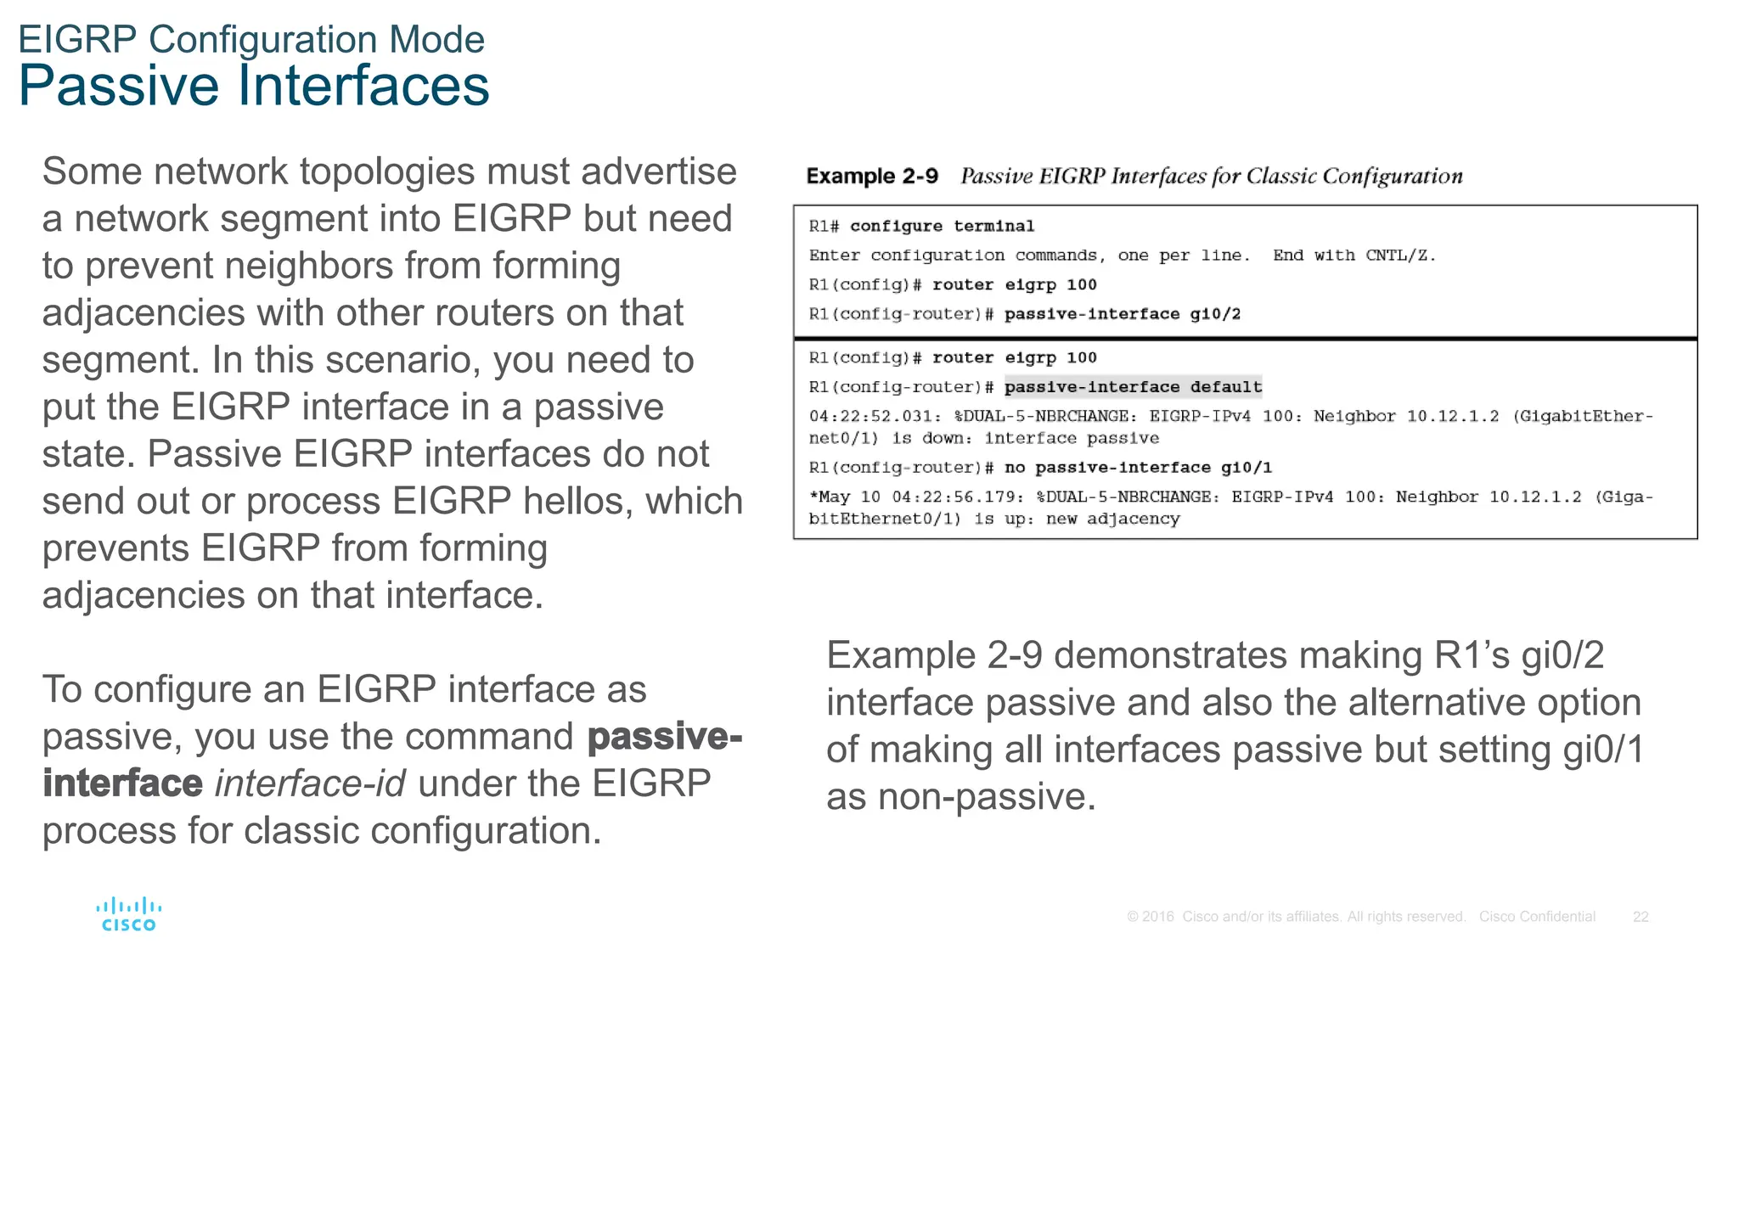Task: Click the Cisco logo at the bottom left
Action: click(x=128, y=914)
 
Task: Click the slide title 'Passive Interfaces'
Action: click(x=253, y=86)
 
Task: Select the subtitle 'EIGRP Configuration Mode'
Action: click(x=250, y=39)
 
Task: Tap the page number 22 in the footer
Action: click(x=1641, y=917)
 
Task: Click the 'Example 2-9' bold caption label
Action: click(x=871, y=176)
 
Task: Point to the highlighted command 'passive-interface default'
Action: click(x=1133, y=387)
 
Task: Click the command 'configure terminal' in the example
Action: click(x=942, y=226)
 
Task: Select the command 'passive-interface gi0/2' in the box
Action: click(x=1122, y=314)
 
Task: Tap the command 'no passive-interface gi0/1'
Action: click(x=1138, y=468)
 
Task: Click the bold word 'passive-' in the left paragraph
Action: click(x=664, y=736)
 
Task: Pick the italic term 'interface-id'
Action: click(x=310, y=783)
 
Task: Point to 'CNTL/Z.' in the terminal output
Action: click(x=1400, y=256)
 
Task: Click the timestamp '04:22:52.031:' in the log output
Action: click(x=875, y=416)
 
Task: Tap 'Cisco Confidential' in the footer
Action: click(x=1537, y=917)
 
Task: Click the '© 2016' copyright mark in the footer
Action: click(x=1150, y=917)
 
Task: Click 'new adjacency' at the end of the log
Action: click(x=1112, y=519)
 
